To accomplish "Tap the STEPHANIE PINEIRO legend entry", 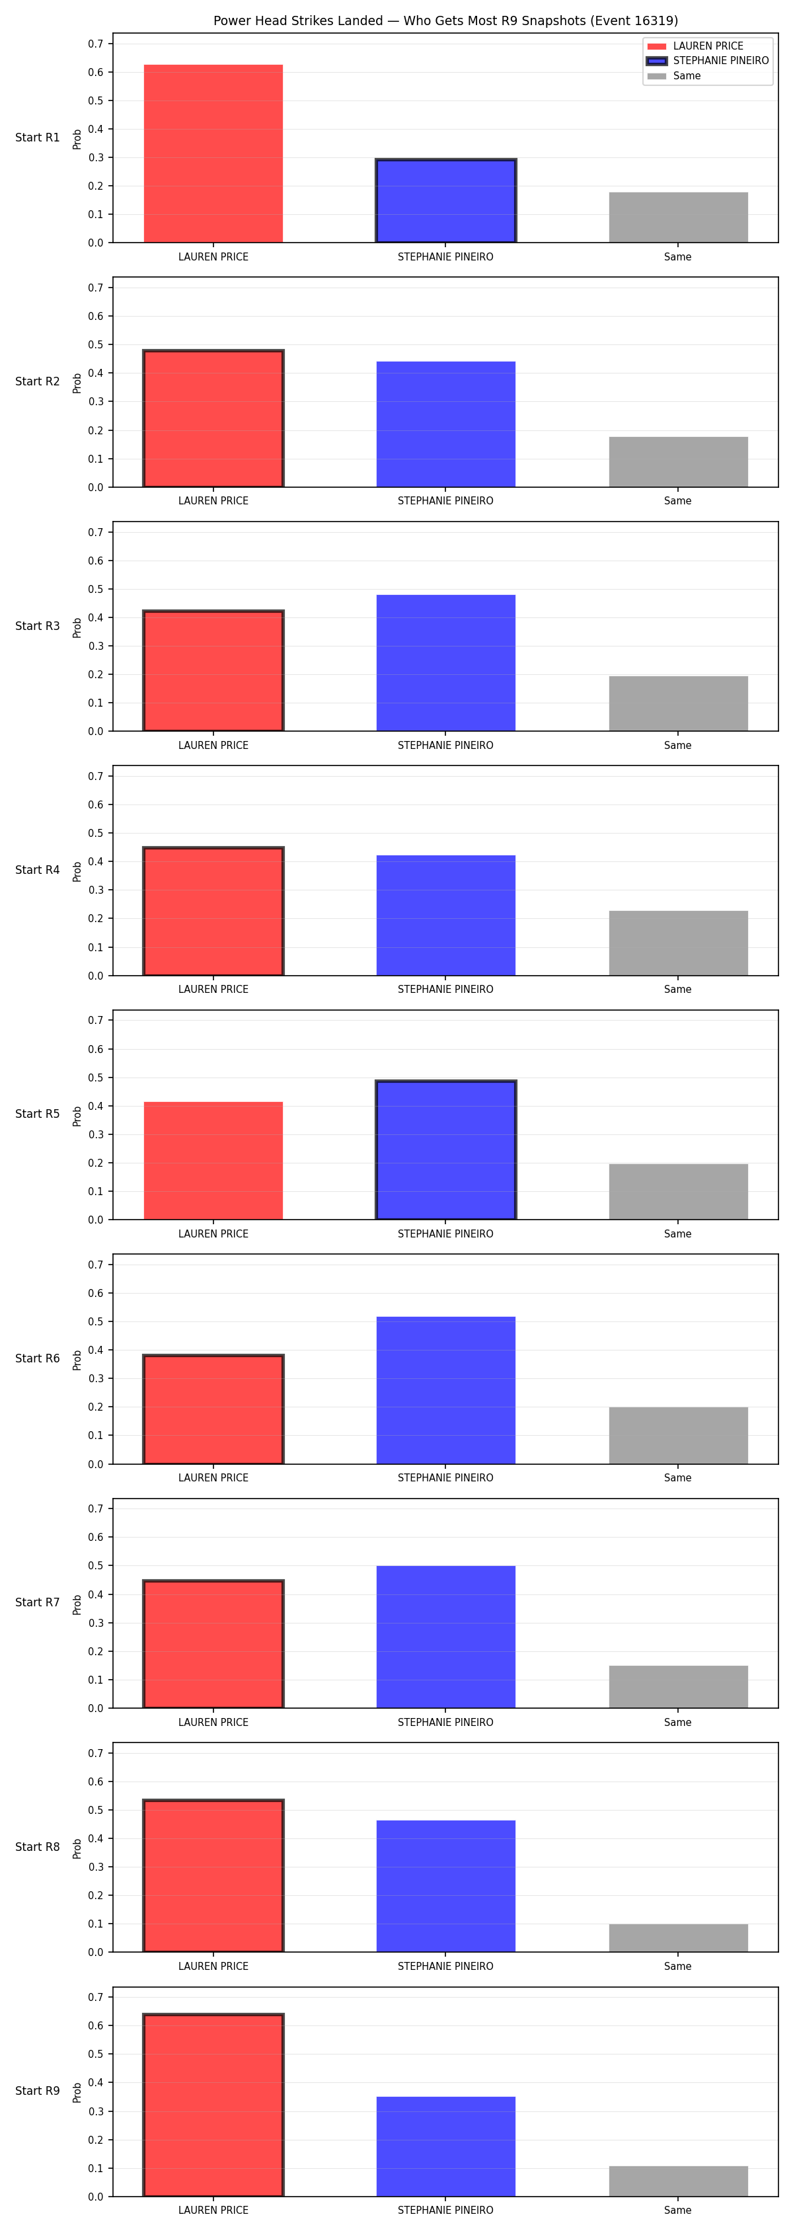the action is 707,61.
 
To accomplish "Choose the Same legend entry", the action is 675,76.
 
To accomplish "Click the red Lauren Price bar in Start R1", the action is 213,153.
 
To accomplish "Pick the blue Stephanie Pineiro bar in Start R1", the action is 446,201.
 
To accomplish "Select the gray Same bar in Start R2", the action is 678,461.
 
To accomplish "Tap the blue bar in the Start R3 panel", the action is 446,662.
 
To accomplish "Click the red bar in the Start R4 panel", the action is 213,911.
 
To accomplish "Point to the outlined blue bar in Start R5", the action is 446,1150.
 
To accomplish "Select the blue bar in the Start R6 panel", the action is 446,1390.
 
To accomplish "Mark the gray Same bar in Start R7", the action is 678,1686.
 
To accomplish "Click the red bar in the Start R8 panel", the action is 213,1875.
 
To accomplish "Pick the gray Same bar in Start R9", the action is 678,2181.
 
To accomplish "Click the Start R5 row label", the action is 37,1114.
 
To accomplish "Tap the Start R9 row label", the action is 37,2091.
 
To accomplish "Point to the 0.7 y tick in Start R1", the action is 95,44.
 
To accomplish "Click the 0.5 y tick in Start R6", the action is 95,1321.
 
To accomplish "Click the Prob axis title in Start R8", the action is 77,1848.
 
